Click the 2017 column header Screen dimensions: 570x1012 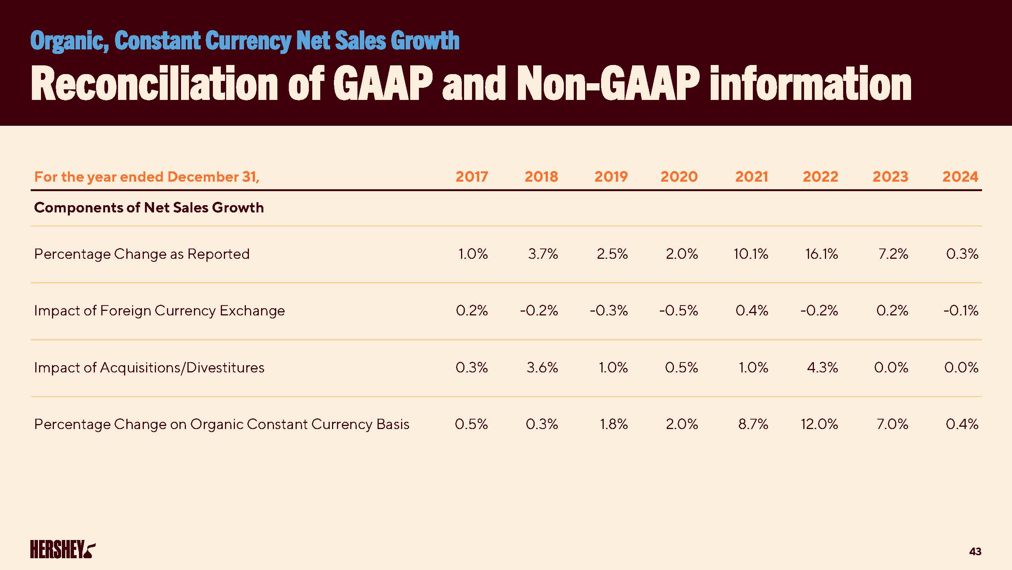click(x=471, y=177)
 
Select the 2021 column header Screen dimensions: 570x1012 click(x=752, y=177)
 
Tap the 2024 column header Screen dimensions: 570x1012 click(x=960, y=177)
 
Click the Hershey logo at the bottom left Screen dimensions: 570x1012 click(x=63, y=549)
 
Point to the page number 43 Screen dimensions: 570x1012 click(x=975, y=551)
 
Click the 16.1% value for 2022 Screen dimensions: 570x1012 click(x=822, y=254)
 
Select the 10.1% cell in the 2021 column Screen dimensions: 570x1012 click(x=751, y=254)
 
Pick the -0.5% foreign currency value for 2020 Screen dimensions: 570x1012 click(x=678, y=311)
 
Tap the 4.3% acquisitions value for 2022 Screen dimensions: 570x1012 click(x=822, y=368)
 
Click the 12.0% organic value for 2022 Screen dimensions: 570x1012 click(x=820, y=424)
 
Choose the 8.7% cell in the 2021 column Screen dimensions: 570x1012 click(x=753, y=424)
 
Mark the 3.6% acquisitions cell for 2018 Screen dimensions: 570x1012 click(x=542, y=368)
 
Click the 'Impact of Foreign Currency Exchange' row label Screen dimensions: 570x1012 click(x=159, y=311)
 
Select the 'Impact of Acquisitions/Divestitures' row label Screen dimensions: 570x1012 click(x=149, y=368)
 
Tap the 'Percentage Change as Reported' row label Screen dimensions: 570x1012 click(x=142, y=254)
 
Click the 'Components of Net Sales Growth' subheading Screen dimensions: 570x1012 click(x=149, y=208)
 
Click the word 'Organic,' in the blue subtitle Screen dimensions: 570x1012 click(x=69, y=41)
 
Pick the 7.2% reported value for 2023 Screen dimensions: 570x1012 click(x=893, y=254)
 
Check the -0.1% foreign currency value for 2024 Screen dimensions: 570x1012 click(x=961, y=311)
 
